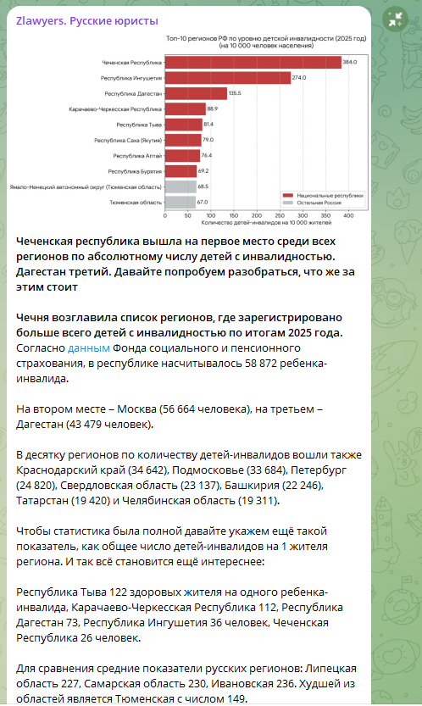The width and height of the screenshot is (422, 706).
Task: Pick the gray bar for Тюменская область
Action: [180, 203]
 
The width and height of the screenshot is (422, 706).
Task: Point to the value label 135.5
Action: [235, 93]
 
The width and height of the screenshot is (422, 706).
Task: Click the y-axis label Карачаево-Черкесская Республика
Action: [114, 109]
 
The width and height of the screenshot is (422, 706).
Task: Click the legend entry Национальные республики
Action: [323, 195]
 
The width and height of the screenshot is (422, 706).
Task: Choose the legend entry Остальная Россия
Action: [315, 203]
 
